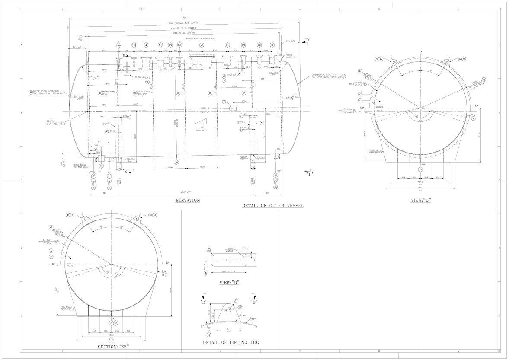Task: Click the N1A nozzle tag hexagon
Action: click(x=119, y=45)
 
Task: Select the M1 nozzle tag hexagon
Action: click(x=202, y=45)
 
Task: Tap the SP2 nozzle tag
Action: click(x=170, y=45)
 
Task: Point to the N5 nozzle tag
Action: click(x=272, y=45)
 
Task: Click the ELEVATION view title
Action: click(x=188, y=201)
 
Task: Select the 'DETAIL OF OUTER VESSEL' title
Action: click(x=273, y=206)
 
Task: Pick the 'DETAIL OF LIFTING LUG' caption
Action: click(x=231, y=342)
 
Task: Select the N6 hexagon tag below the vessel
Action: click(x=101, y=166)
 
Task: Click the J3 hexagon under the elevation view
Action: click(x=275, y=175)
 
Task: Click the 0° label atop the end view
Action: click(x=420, y=53)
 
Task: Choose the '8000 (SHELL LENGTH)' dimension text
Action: click(x=186, y=32)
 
